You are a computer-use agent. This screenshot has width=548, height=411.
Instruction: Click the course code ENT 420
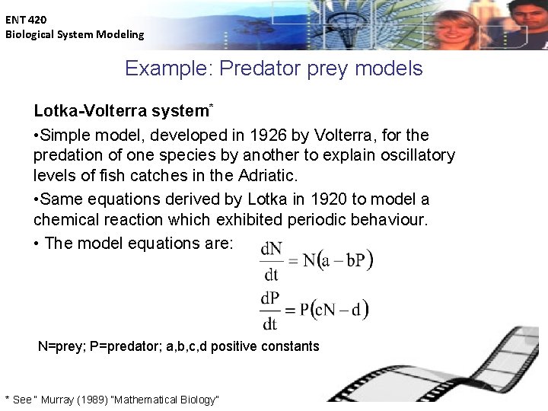click(x=26, y=21)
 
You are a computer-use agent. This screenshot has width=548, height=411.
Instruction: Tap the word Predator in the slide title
click(x=253, y=68)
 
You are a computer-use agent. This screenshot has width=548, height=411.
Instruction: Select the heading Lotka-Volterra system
click(x=120, y=111)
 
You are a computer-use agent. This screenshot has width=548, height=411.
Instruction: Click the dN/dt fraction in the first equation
click(x=270, y=262)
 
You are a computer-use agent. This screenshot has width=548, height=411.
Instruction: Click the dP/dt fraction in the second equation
click(x=270, y=310)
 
